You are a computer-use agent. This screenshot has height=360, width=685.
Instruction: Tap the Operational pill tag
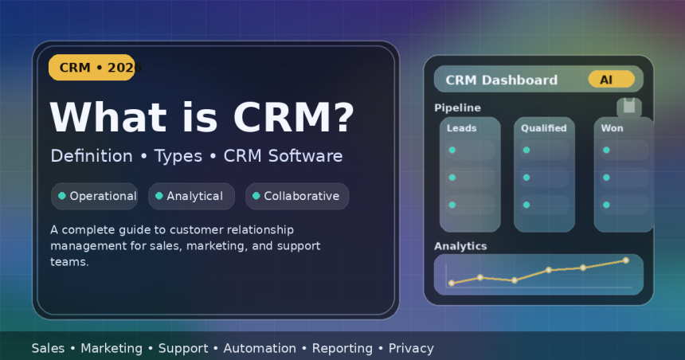(x=95, y=196)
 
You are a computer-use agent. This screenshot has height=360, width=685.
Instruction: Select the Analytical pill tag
(x=191, y=196)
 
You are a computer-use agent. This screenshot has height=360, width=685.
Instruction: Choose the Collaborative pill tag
(x=297, y=196)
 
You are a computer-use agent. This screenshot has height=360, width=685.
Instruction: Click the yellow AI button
(x=611, y=80)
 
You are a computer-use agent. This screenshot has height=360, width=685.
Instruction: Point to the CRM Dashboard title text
(x=501, y=80)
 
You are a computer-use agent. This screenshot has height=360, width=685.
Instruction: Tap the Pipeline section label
(x=457, y=108)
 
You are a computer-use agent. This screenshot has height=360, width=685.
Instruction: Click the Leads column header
(x=462, y=127)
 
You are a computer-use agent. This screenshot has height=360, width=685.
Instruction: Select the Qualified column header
(x=544, y=127)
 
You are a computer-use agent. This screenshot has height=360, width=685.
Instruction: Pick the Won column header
(x=612, y=127)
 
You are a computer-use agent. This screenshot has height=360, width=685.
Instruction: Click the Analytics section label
(x=460, y=246)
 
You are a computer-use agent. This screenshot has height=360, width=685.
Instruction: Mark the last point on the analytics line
(x=625, y=260)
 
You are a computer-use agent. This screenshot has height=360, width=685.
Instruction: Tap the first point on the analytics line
(x=452, y=283)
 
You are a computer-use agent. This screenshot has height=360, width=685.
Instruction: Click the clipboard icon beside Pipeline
(x=629, y=107)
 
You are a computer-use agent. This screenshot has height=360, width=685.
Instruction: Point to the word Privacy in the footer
(x=411, y=348)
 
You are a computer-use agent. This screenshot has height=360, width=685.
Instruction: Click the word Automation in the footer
(x=260, y=348)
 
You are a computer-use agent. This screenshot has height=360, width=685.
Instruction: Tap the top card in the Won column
(x=624, y=150)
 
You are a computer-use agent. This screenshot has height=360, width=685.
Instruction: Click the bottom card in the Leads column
(x=470, y=205)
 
